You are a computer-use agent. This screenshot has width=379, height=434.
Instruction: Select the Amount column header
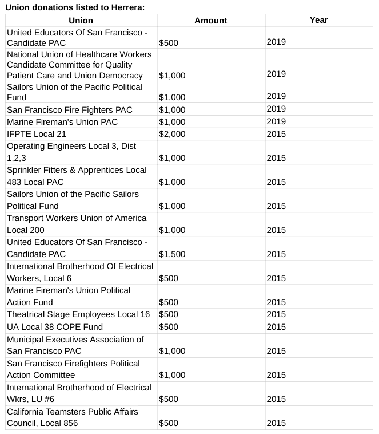pos(210,20)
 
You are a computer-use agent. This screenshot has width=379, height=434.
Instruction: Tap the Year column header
pos(318,19)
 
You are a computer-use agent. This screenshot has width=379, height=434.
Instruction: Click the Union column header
pos(80,20)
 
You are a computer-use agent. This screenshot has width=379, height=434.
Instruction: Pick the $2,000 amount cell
pos(171,134)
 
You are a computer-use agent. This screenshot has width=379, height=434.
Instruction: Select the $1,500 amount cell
pos(171,254)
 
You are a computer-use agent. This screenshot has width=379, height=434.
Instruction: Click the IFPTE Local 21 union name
pos(37,134)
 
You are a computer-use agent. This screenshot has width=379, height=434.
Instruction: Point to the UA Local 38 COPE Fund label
pos(55,327)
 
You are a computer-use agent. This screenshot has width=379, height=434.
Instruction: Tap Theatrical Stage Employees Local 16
pos(78,314)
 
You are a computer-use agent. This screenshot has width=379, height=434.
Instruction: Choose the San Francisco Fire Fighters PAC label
pos(69,110)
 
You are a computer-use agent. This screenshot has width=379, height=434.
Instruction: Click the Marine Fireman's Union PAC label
pos(64,122)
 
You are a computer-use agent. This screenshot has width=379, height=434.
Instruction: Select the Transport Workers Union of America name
pos(76,224)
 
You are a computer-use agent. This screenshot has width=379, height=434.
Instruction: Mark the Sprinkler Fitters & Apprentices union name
pos(77,176)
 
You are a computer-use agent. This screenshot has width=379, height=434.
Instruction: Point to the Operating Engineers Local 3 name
pos(71,152)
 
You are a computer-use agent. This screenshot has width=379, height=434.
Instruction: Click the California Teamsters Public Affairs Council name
pos(72,417)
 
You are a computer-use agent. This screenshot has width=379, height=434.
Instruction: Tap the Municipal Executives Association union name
pos(75,345)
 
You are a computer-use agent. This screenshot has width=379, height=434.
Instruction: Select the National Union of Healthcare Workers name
pos(79,65)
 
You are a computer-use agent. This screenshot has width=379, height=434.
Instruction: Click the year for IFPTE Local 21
pos(276,134)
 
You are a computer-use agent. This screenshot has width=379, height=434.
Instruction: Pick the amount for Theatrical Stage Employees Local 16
pos(169,314)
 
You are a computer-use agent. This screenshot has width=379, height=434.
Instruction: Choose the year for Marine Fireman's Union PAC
pos(276,121)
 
